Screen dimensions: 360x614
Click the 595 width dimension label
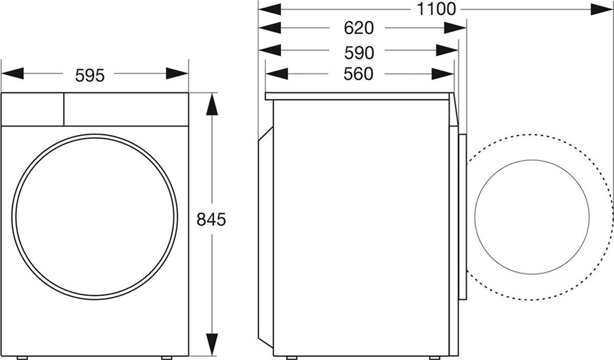point(90,75)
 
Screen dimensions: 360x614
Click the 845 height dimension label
point(211,220)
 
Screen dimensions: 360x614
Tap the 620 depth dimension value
point(359,28)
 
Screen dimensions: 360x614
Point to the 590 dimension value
point(359,51)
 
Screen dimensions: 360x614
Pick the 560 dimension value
point(359,74)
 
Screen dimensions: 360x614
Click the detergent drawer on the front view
point(33,109)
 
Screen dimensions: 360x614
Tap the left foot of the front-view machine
point(23,357)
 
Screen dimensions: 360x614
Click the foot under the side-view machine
point(291,357)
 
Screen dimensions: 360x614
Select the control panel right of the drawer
point(126,109)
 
